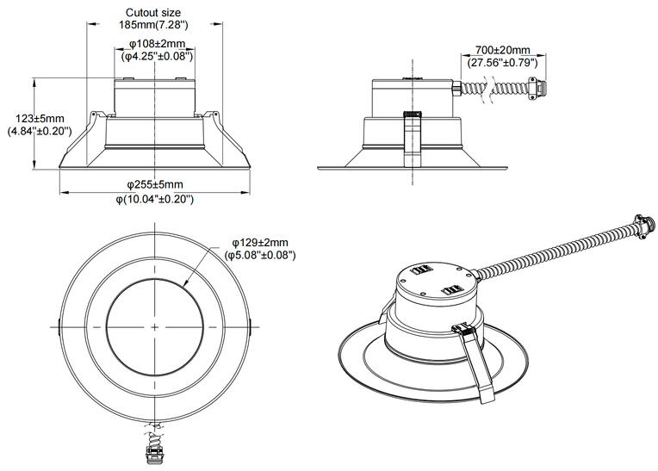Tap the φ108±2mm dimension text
[155, 43]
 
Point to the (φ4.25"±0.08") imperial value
[155, 56]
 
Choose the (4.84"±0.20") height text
[40, 131]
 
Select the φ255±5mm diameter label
[155, 185]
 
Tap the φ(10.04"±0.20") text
[155, 199]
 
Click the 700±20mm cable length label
[501, 50]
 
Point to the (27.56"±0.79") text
[502, 63]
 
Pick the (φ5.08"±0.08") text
[260, 256]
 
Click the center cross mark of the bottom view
[155, 327]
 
